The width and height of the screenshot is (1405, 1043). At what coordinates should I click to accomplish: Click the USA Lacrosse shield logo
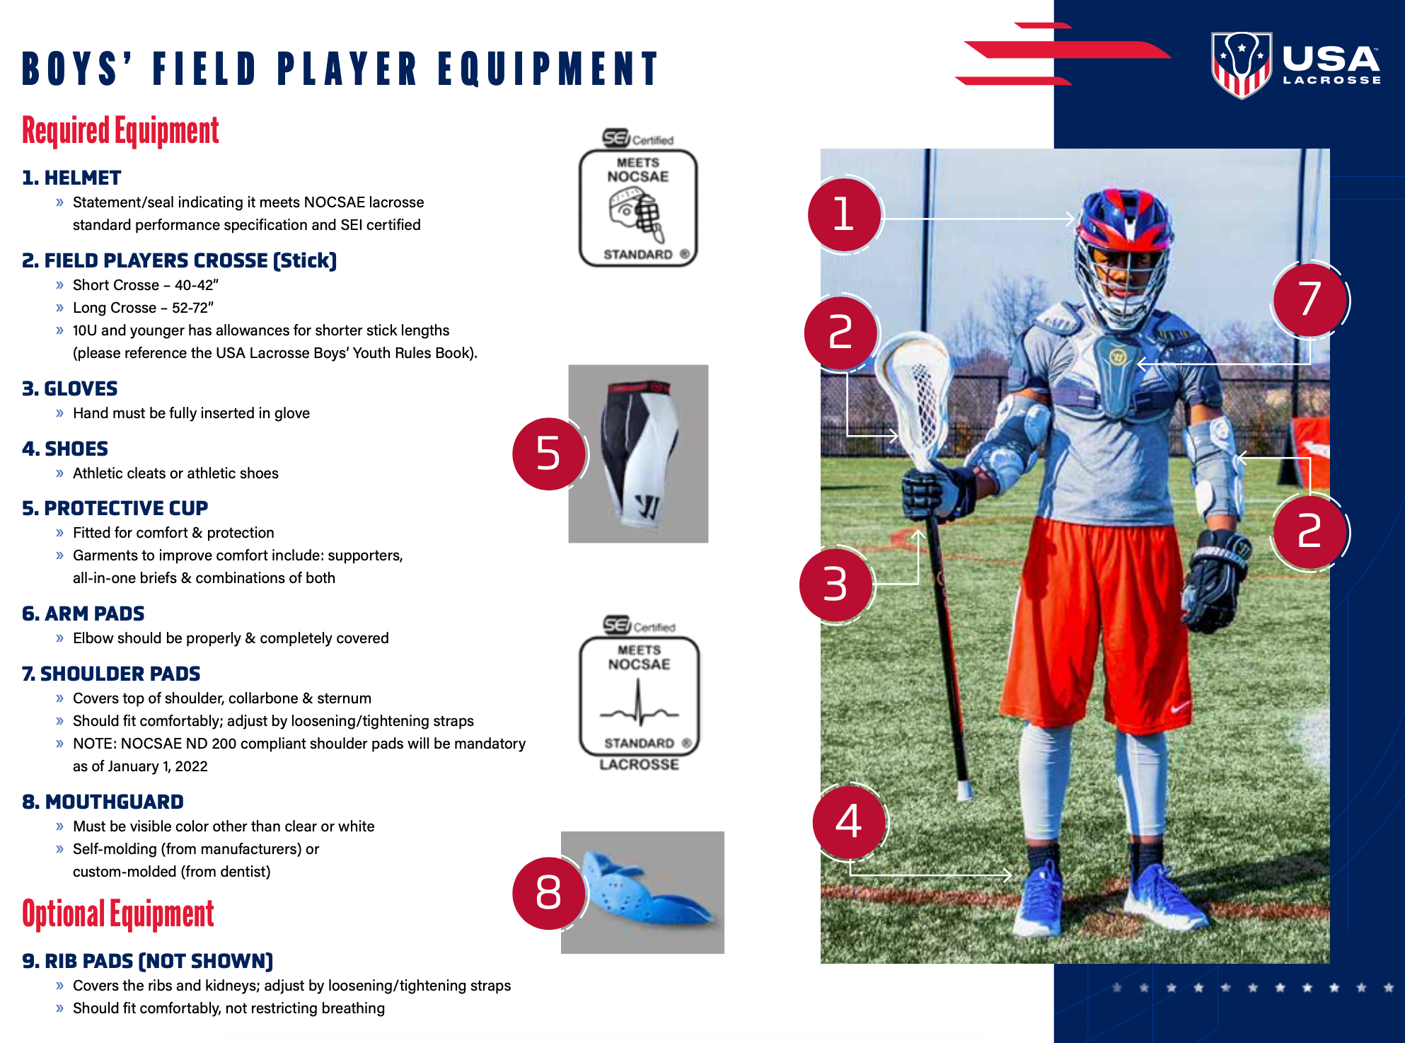tap(1242, 65)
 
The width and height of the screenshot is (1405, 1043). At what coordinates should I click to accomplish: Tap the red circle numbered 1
tap(844, 214)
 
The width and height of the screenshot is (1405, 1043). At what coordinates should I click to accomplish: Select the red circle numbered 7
tap(1309, 299)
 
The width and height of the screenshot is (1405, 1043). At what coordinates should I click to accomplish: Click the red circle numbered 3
tap(836, 584)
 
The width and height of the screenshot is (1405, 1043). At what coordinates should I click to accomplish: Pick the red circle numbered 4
tap(849, 822)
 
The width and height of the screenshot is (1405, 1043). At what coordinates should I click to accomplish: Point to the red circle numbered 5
tap(549, 454)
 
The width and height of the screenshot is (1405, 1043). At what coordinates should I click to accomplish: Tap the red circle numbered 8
tap(549, 892)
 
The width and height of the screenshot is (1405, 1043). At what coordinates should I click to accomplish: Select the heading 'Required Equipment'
tap(120, 131)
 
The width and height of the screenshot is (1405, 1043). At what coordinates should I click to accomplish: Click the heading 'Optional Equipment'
tap(118, 914)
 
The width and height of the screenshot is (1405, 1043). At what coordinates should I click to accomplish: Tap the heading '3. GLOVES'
tap(70, 388)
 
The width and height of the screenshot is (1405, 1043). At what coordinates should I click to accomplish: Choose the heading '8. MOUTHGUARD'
tap(103, 802)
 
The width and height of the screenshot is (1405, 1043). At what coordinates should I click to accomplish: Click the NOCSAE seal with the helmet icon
tap(638, 199)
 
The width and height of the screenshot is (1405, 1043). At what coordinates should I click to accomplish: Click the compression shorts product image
tap(638, 454)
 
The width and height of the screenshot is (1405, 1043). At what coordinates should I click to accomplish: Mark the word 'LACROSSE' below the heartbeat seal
tap(640, 765)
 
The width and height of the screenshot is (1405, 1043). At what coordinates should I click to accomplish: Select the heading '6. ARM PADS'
tap(83, 613)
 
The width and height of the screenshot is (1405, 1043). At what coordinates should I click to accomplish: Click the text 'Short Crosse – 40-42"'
tap(146, 285)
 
